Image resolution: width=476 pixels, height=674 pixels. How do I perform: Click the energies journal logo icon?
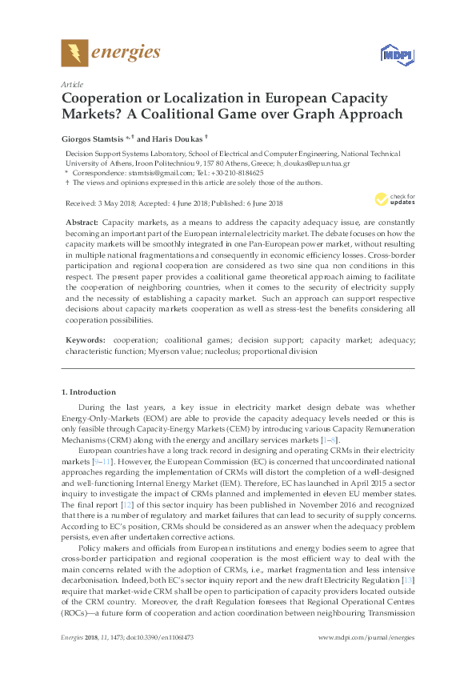tap(74, 54)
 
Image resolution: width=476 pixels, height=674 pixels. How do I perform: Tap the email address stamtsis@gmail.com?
tap(142, 172)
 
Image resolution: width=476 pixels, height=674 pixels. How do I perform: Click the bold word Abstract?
tap(82, 221)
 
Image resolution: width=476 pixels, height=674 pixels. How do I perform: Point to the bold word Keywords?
tap(86, 340)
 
